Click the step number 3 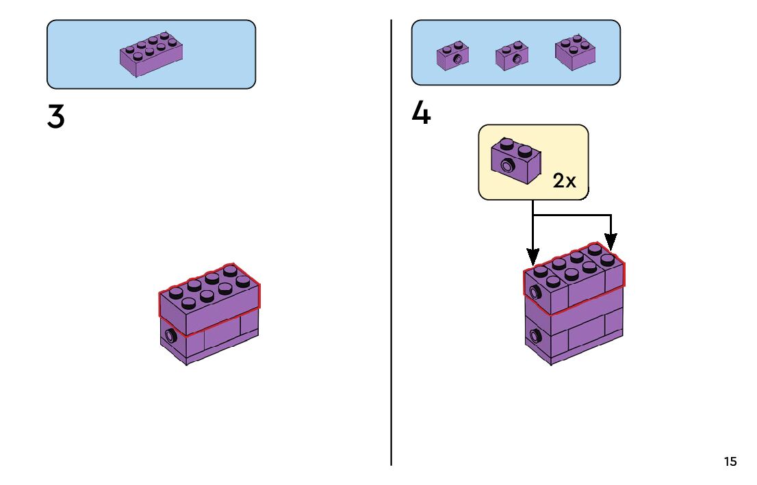click(x=56, y=118)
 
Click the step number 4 click(x=421, y=113)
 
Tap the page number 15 click(x=730, y=462)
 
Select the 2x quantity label click(x=565, y=181)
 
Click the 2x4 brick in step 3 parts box click(x=151, y=54)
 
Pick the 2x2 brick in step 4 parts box click(x=575, y=53)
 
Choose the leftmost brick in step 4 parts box click(x=452, y=56)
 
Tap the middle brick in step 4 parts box click(x=512, y=56)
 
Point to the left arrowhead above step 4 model click(x=533, y=257)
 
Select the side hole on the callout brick click(x=508, y=165)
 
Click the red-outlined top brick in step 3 click(x=209, y=301)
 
